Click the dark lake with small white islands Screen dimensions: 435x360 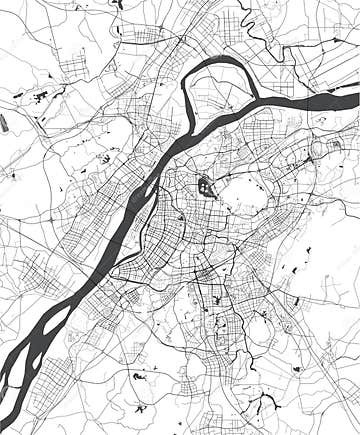tap(206, 185)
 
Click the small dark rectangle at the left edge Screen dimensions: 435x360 tap(4, 124)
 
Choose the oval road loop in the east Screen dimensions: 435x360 tap(319, 150)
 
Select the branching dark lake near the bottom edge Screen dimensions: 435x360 tap(265, 405)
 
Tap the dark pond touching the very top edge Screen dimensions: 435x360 tap(117, 3)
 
